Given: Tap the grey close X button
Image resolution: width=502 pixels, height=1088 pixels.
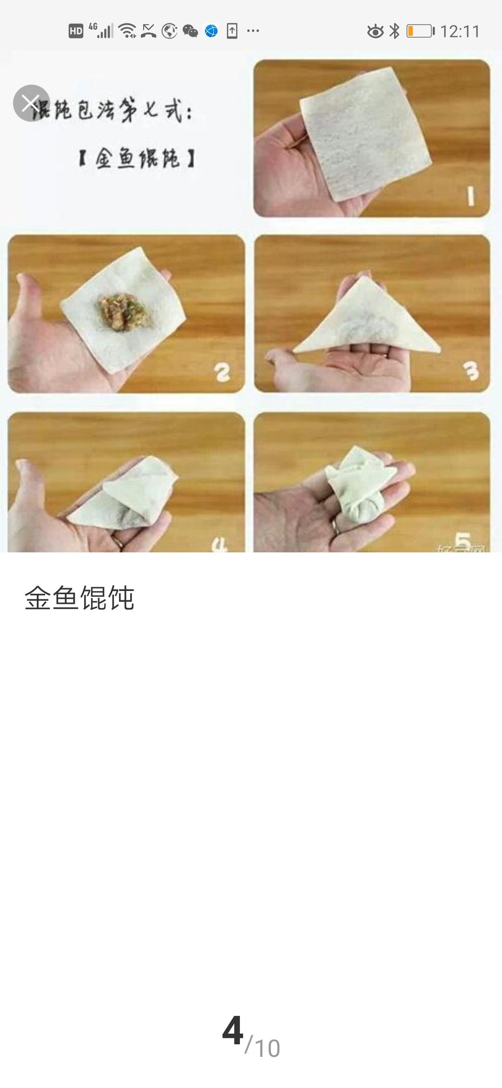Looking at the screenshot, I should tap(31, 103).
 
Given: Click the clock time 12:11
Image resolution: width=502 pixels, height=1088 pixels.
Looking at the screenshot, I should tap(459, 32).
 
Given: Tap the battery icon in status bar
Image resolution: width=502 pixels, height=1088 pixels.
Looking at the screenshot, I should tap(420, 31).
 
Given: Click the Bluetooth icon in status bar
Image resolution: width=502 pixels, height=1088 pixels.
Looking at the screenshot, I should tap(394, 31).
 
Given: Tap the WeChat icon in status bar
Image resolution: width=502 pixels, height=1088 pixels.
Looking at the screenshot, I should tap(190, 31).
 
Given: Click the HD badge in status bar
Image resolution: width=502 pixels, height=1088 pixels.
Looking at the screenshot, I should tap(76, 31).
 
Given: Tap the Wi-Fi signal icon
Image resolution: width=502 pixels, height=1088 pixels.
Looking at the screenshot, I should tap(127, 31).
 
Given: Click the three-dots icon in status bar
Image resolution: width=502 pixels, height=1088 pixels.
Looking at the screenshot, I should tap(253, 31).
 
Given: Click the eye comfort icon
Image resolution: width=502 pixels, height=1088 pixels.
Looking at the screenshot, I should tap(375, 31).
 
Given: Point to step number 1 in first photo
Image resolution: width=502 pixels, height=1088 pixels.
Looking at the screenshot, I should tap(471, 197).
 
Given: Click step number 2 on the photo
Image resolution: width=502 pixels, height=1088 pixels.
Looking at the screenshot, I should tap(222, 372).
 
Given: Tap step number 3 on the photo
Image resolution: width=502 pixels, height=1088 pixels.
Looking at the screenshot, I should tap(470, 371).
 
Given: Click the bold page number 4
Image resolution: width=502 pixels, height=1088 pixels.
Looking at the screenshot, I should tap(232, 1030).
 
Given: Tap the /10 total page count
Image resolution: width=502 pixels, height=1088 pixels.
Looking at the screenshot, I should tap(263, 1035).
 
